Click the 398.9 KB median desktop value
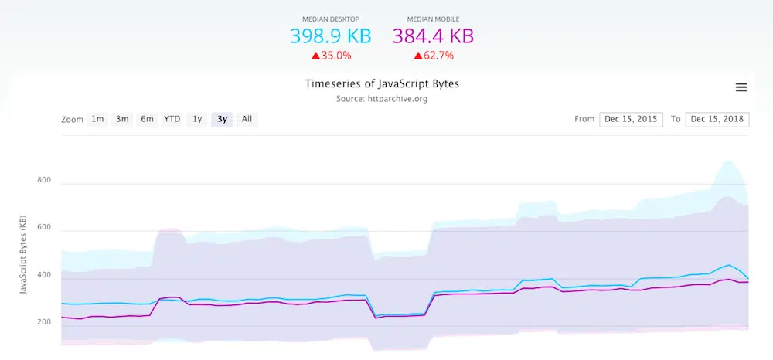330,36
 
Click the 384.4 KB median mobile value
433,36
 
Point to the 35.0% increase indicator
332,56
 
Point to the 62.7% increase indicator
433,56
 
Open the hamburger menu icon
741,87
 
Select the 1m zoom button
97,119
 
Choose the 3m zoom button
122,119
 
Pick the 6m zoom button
147,119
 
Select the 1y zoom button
197,119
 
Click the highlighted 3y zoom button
223,119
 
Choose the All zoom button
247,119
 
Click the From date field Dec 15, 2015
631,119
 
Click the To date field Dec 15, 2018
717,119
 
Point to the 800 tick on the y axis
44,181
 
